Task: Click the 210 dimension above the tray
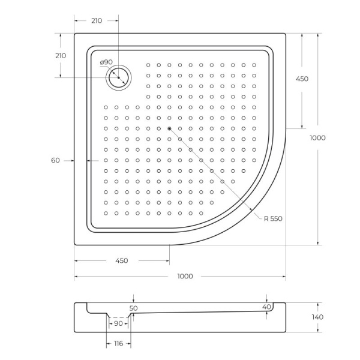[x=96, y=20]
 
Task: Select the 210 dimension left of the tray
[x=60, y=55]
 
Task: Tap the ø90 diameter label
[x=106, y=62]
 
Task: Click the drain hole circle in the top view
[x=119, y=77]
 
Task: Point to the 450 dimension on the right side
[x=301, y=79]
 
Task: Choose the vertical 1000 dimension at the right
[x=317, y=137]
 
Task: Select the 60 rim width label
[x=56, y=160]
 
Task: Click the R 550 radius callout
[x=273, y=218]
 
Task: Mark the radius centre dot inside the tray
[x=169, y=128]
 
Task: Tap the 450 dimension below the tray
[x=121, y=260]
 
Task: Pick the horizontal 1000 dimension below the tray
[x=185, y=276]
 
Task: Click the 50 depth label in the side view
[x=133, y=308]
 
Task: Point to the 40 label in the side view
[x=266, y=307]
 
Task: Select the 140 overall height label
[x=317, y=317]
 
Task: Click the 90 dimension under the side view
[x=118, y=323]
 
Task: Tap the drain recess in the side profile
[x=118, y=315]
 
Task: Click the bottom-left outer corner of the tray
[x=74, y=245]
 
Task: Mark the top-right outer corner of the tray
[x=286, y=33]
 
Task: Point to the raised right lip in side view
[x=279, y=306]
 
